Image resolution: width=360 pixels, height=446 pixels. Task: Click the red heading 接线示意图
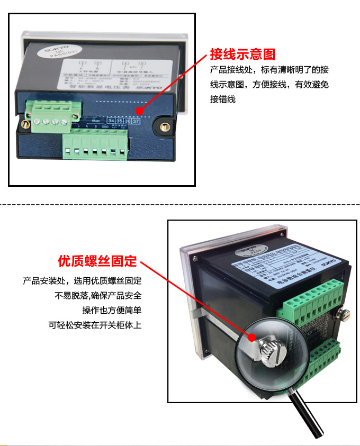pos(242,54)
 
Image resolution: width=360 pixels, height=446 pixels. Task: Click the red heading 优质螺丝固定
pos(97,261)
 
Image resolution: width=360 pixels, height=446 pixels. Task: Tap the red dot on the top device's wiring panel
pos(139,111)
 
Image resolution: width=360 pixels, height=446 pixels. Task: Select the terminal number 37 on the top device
pos(136,121)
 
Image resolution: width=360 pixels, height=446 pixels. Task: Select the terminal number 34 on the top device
pos(111,121)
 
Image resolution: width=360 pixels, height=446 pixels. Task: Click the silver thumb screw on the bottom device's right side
pos(345,315)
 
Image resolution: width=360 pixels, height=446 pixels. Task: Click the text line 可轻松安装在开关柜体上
pos(95,325)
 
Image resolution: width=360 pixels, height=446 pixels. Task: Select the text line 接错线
pos(222,99)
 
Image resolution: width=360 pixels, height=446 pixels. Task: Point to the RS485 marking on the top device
pos(96,121)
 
